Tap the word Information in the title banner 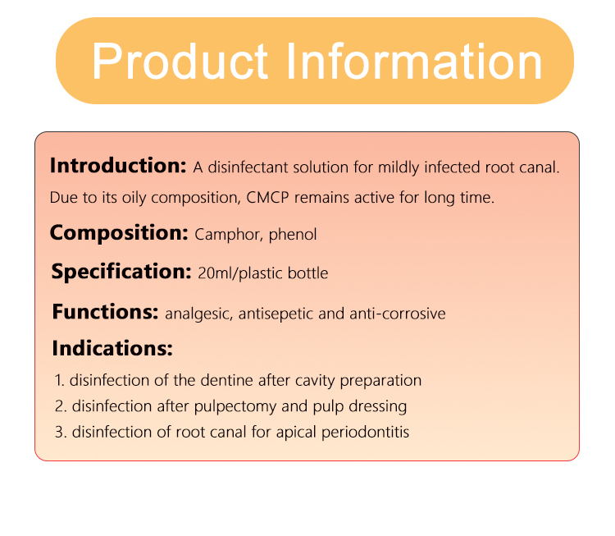pos(414,61)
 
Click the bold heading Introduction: pos(118,165)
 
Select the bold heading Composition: pos(119,233)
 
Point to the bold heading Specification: pos(121,272)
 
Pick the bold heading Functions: pos(105,312)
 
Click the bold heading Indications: pos(112,348)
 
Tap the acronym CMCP pos(267,198)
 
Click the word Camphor pos(229,235)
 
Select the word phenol pos(293,235)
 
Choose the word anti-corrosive pos(398,314)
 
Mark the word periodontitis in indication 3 pos(365,433)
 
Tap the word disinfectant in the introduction pos(250,167)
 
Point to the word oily pos(134,198)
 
